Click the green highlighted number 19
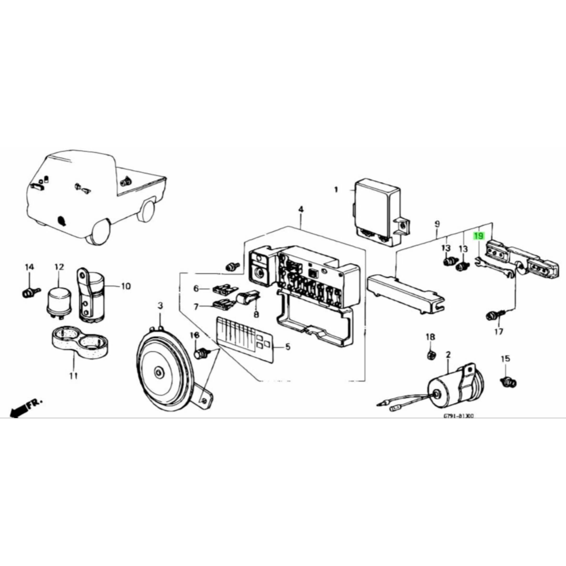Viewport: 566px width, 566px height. [479, 244]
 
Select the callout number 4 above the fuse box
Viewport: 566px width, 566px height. [301, 209]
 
